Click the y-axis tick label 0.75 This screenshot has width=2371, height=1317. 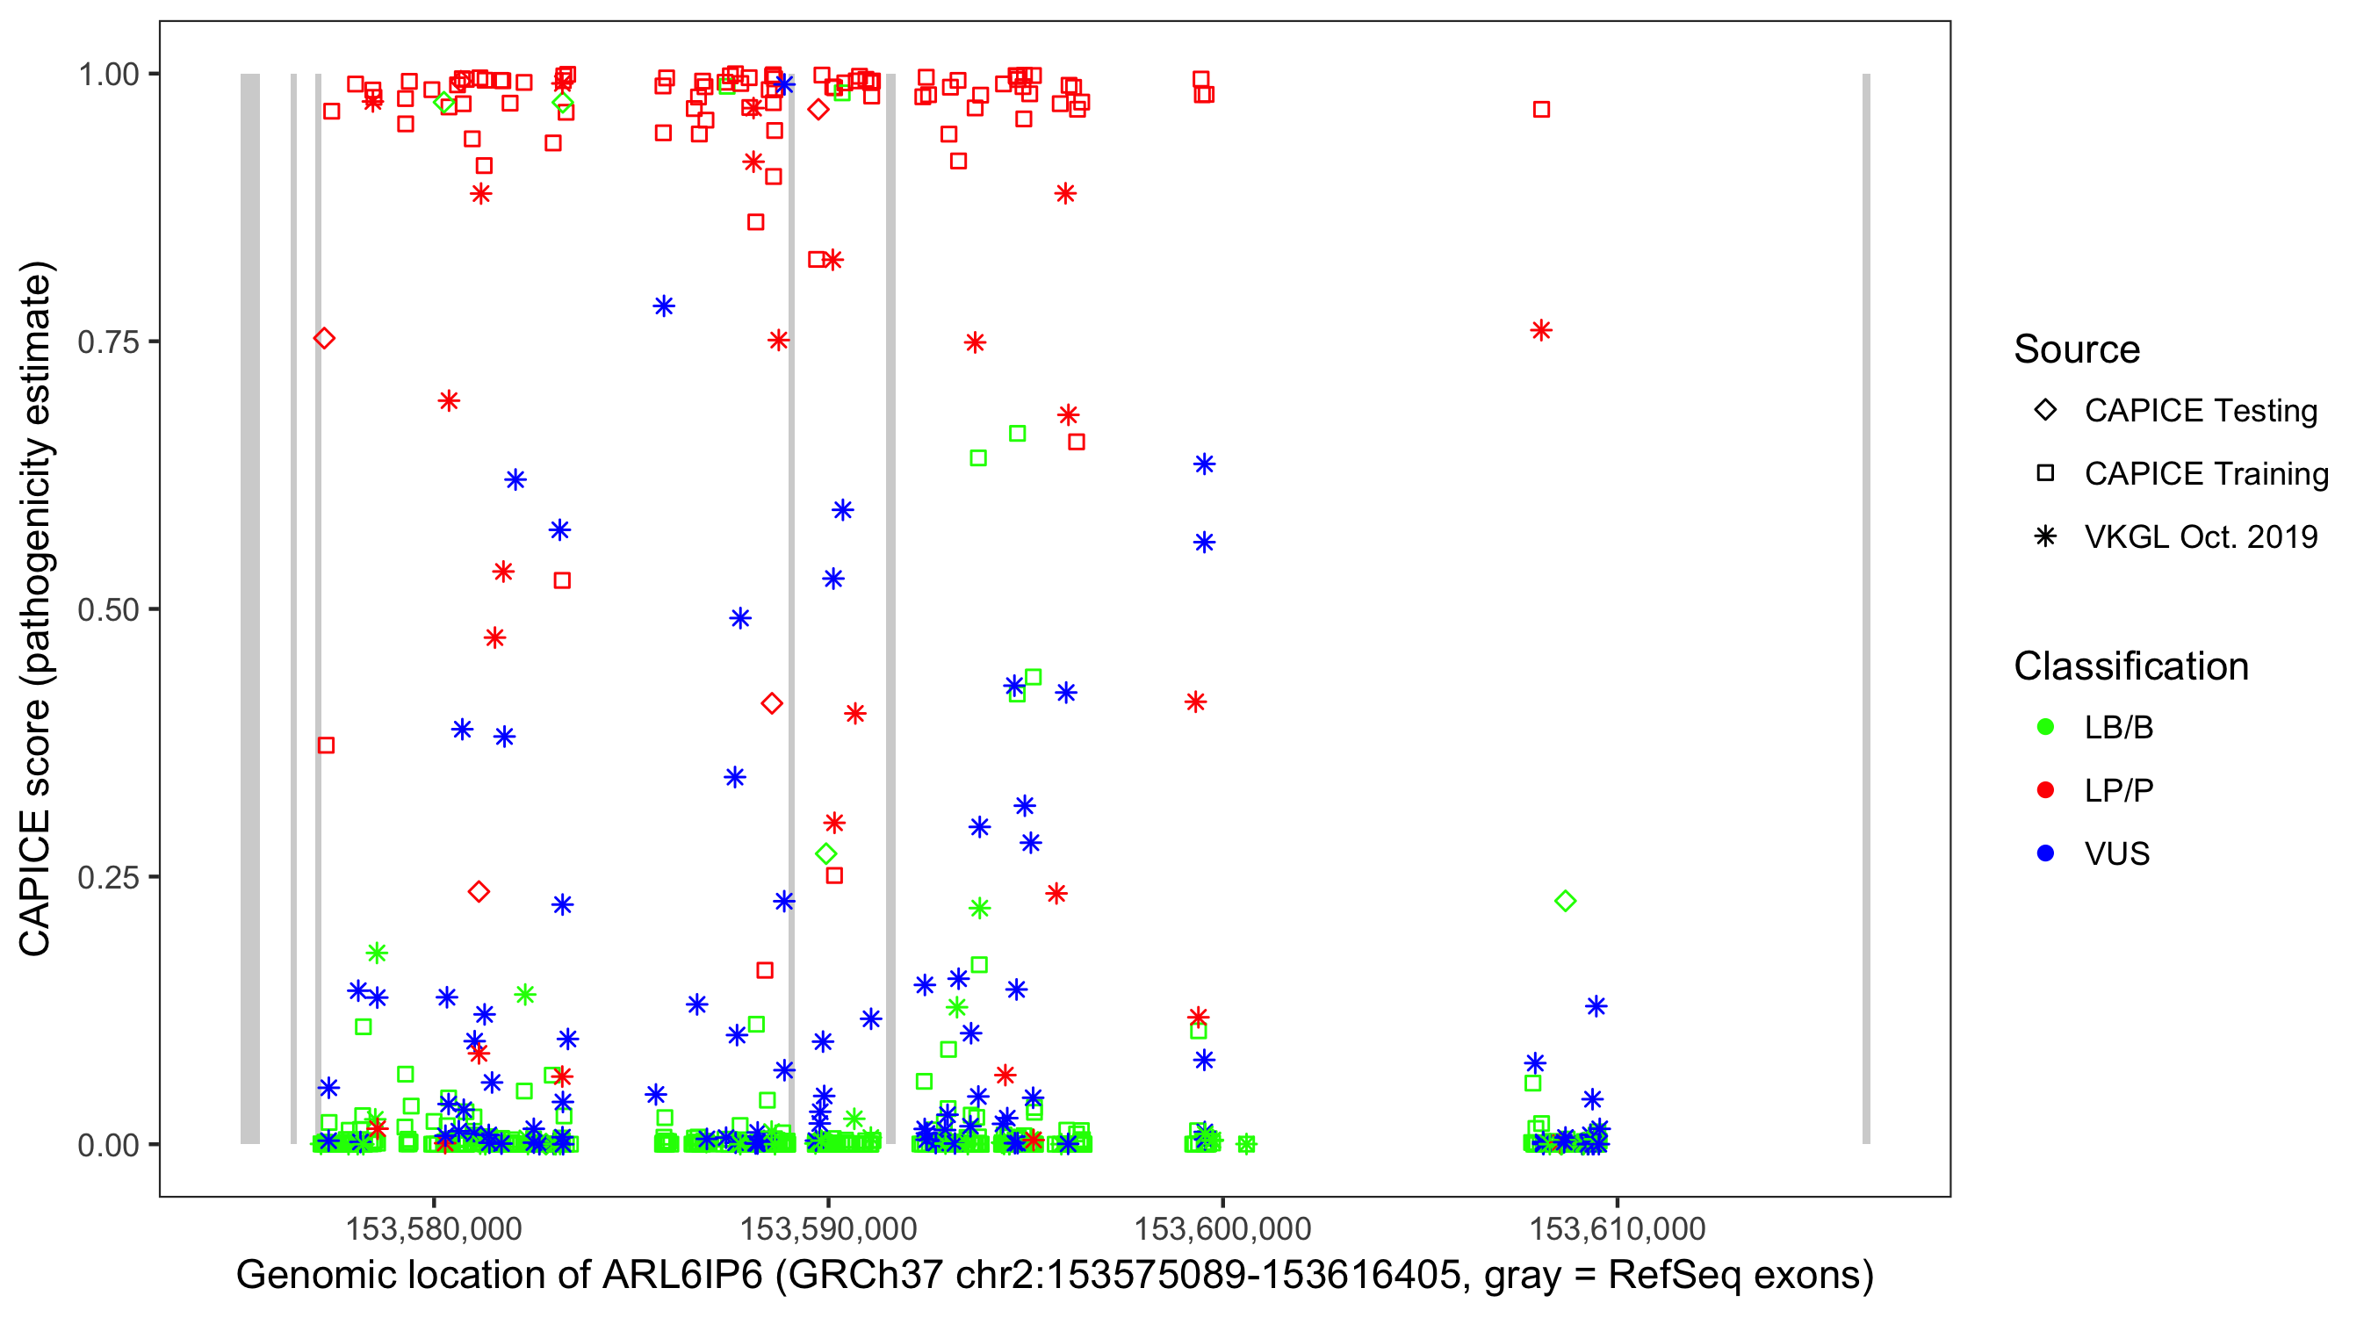(x=107, y=342)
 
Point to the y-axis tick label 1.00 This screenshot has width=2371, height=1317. (x=107, y=75)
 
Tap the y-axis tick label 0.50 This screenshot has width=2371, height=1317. (x=107, y=610)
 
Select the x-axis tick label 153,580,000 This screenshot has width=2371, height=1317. (x=434, y=1227)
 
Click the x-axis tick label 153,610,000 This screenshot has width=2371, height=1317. (x=1618, y=1227)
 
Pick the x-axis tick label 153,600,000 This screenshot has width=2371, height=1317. (x=1222, y=1227)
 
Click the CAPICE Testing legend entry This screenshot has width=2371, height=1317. (x=2200, y=411)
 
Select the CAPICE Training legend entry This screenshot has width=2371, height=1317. (x=2205, y=474)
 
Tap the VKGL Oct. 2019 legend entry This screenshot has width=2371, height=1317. (x=2200, y=537)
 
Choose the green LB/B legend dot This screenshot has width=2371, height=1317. (x=2045, y=727)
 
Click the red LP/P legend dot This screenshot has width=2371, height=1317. (x=2045, y=790)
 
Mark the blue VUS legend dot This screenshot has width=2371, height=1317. (x=2045, y=854)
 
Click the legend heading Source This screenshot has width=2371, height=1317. (x=2077, y=349)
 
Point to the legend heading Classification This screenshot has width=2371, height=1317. (x=2130, y=666)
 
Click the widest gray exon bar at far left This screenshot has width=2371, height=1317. (x=249, y=608)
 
